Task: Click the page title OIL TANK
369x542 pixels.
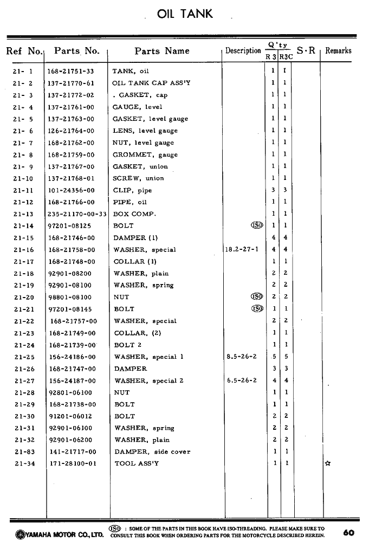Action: coord(185,14)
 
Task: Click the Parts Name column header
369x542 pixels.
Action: coord(162,51)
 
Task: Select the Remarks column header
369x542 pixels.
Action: coord(338,51)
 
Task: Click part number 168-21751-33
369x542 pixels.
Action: coord(70,71)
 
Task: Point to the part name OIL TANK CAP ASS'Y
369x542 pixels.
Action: coord(151,83)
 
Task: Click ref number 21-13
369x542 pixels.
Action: coord(24,214)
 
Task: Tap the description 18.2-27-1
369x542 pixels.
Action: coord(241,250)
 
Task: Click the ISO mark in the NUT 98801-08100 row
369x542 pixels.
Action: coord(256,297)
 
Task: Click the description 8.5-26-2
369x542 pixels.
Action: coord(242,357)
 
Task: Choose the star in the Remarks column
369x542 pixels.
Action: coord(327,464)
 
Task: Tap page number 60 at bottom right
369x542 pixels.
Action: coord(348,532)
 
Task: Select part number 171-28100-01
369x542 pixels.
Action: coord(72,463)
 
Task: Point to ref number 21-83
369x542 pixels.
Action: coord(24,451)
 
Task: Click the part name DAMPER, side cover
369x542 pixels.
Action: coord(152,451)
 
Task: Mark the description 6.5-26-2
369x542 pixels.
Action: coord(242,380)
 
